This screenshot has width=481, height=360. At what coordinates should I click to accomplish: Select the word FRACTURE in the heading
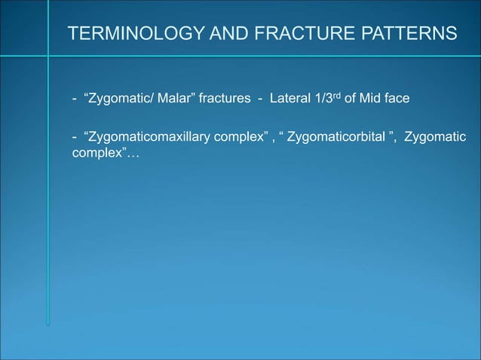point(286,34)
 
